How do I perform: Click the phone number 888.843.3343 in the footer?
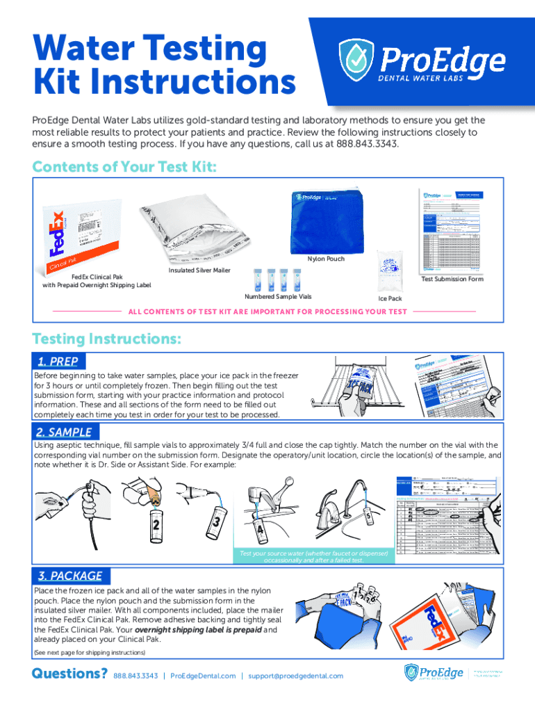pyautogui.click(x=135, y=676)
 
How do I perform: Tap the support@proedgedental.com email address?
pyautogui.click(x=296, y=676)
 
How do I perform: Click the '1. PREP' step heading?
pyautogui.click(x=57, y=361)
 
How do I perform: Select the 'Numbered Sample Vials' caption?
pyautogui.click(x=278, y=297)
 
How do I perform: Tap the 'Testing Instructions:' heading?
pyautogui.click(x=108, y=339)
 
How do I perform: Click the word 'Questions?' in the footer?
pyautogui.click(x=69, y=674)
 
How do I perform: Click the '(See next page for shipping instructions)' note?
pyautogui.click(x=90, y=653)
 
